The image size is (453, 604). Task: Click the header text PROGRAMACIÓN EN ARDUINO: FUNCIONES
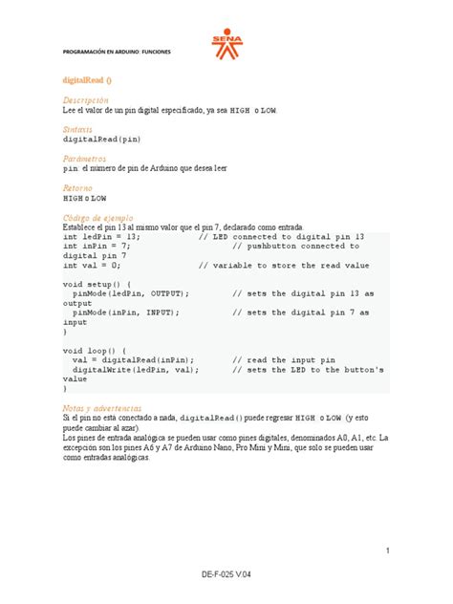pyautogui.click(x=117, y=51)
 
